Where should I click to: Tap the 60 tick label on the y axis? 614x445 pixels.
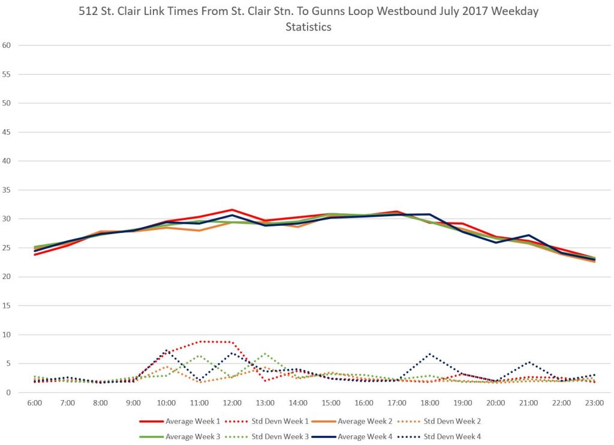7,45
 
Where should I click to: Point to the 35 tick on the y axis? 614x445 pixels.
7,190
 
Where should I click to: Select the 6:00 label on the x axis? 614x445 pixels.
35,403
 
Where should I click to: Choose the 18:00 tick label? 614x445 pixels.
430,403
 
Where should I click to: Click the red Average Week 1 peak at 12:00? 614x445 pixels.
232,210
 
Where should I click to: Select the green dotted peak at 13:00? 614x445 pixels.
265,353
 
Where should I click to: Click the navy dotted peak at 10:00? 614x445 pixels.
166,350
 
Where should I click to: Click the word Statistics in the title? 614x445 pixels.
308,27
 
